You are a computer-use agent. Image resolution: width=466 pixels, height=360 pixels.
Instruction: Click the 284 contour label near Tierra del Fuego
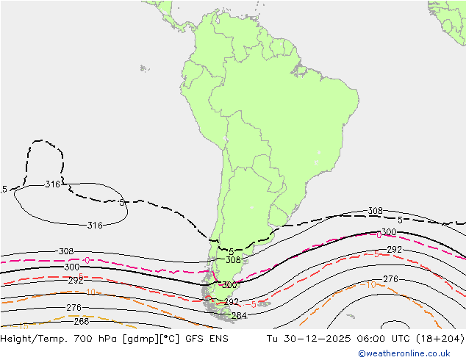coord(239,316)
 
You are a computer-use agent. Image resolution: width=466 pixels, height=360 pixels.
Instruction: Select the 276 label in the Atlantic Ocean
coord(390,279)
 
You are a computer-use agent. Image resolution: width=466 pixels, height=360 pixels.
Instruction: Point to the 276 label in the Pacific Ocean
coord(74,308)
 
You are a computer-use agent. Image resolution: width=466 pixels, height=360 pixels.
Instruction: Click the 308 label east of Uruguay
coord(375,211)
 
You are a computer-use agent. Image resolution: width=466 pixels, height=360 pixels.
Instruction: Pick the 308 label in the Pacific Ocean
coord(65,251)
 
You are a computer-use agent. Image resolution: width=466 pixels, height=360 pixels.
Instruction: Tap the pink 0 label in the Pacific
coord(87,260)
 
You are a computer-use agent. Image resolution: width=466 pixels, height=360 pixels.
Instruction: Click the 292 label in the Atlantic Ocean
coord(394,250)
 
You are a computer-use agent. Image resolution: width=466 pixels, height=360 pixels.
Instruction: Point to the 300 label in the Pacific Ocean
coord(71,267)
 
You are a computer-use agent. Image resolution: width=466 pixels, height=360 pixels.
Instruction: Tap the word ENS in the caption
coord(215,339)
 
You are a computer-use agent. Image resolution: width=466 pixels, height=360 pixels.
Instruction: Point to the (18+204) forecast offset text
coord(440,339)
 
